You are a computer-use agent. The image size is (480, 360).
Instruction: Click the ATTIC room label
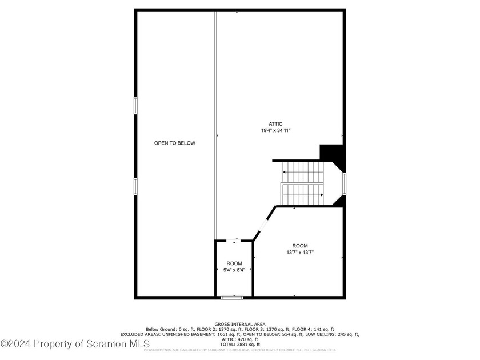click(x=276, y=124)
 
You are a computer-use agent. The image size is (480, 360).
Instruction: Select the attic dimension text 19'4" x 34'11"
click(x=276, y=131)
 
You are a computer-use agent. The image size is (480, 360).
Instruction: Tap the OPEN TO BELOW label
click(x=175, y=143)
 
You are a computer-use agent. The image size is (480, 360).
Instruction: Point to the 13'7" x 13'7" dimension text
click(x=300, y=252)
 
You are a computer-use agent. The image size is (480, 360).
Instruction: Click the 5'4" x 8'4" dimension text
click(x=234, y=270)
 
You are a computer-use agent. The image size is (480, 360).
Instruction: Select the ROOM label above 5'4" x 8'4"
click(x=234, y=263)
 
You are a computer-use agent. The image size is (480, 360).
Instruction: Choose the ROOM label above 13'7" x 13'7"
click(x=300, y=245)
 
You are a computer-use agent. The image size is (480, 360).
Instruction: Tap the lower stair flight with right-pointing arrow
click(x=303, y=194)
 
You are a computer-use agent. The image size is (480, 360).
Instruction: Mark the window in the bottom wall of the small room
click(x=232, y=297)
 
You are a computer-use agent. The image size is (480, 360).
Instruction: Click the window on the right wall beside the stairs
click(x=344, y=183)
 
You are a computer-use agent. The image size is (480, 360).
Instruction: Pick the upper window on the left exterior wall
click(x=135, y=106)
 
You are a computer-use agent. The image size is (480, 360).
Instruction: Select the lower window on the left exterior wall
click(x=135, y=186)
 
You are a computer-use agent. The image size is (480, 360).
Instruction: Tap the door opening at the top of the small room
click(x=234, y=241)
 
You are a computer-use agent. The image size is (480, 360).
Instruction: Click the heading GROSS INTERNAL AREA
click(x=240, y=324)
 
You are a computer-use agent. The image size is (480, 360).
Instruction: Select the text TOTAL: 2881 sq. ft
click(x=240, y=345)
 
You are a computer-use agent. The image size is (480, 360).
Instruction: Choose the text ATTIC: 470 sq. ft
click(x=240, y=339)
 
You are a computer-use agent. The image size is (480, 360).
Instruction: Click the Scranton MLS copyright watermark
click(x=75, y=343)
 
